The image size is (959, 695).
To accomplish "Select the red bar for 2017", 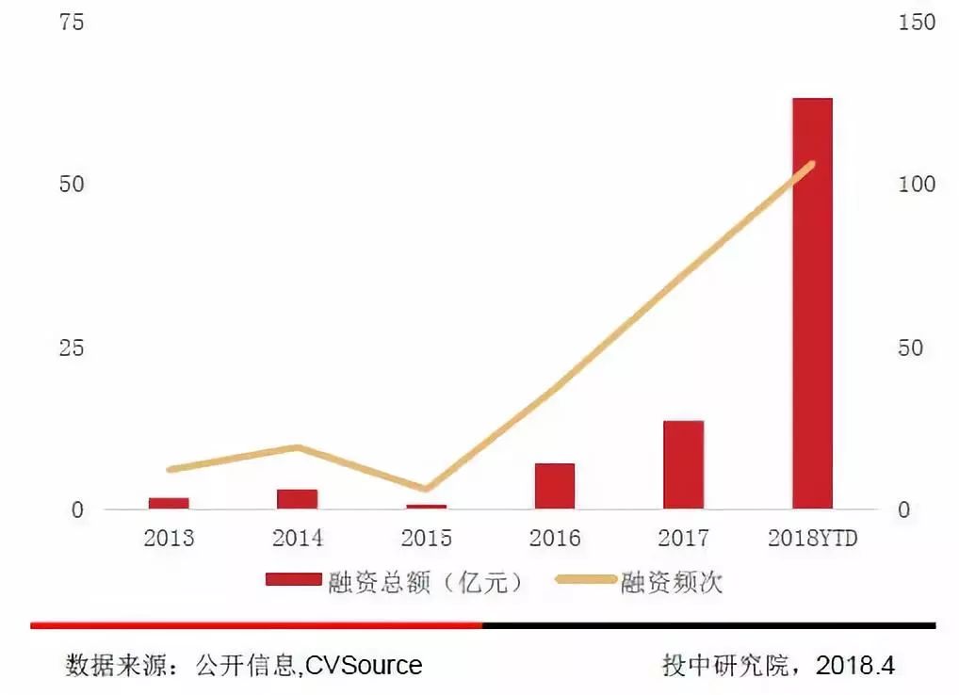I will [683, 464].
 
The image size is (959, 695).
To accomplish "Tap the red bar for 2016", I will [554, 486].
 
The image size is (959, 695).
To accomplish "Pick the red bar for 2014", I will [297, 499].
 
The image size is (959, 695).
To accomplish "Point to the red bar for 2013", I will [169, 504].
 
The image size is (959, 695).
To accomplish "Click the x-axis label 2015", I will [426, 539].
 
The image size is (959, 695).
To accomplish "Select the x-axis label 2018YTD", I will [812, 539].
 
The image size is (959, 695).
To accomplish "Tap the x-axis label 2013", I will [169, 539].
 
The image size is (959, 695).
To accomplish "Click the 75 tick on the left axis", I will [72, 23].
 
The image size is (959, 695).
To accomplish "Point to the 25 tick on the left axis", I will [72, 348].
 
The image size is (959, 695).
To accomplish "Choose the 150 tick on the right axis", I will [917, 23].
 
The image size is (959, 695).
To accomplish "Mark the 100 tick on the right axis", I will [917, 185].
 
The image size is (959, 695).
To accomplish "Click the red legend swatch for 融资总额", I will [293, 583].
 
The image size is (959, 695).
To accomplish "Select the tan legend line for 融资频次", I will [585, 583].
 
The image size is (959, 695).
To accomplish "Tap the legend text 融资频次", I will [671, 583].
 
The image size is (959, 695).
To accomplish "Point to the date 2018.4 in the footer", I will [855, 665].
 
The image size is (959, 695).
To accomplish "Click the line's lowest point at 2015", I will [426, 489].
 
